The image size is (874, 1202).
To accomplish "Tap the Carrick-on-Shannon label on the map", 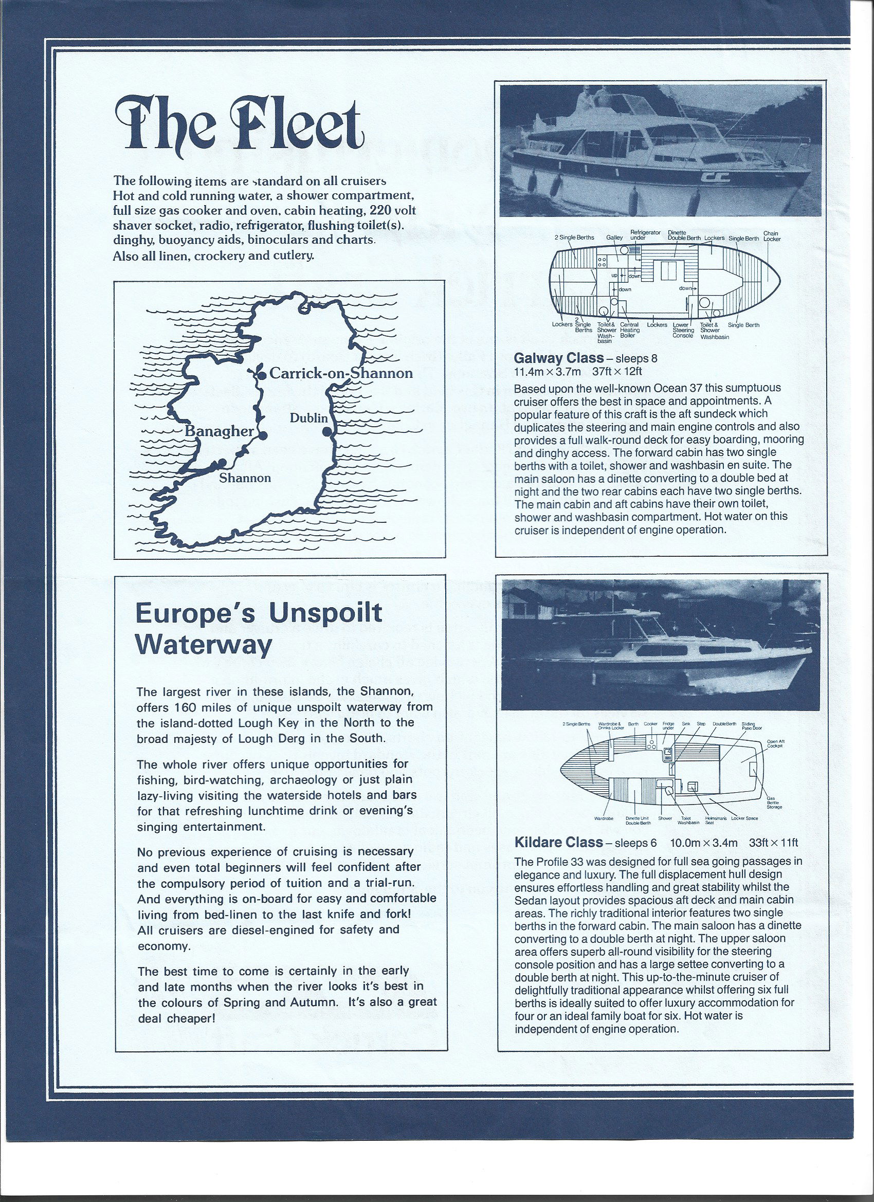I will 340,373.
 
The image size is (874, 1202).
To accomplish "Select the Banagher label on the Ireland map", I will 220,431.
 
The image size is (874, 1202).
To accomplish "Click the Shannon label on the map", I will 245,478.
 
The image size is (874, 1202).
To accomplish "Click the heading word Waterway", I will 204,646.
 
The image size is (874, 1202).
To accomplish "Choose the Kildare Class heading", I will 559,842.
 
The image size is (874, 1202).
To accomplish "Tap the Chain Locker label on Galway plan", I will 772,236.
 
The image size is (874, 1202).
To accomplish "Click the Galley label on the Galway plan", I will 614,238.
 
